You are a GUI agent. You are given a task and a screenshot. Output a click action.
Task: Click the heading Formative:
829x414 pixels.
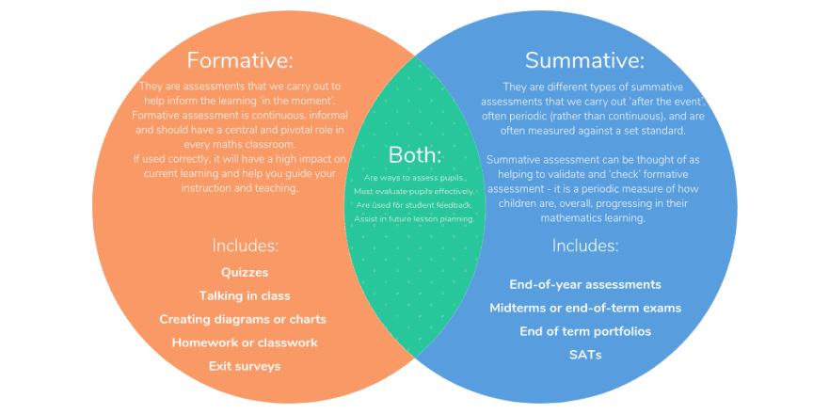click(240, 60)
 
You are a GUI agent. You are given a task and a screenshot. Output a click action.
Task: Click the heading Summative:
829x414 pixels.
click(584, 60)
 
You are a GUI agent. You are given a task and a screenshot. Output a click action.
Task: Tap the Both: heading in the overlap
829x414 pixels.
click(414, 155)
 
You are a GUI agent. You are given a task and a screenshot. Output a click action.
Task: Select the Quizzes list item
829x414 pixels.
click(245, 272)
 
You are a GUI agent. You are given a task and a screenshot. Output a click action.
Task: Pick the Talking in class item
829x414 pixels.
click(245, 295)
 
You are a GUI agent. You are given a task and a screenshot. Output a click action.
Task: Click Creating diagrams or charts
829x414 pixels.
click(243, 319)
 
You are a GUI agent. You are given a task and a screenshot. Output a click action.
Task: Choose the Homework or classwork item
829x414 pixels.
click(245, 342)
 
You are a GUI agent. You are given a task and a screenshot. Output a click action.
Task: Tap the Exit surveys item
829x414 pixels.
click(245, 366)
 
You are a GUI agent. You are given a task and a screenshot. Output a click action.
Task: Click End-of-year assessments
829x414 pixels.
click(584, 284)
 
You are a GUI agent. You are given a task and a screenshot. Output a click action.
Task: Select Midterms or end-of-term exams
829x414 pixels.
click(584, 308)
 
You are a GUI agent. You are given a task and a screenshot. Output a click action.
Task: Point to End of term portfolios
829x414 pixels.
click(584, 331)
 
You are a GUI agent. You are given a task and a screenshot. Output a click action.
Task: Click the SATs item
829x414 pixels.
click(584, 355)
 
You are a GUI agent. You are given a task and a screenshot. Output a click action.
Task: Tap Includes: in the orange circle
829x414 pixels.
click(245, 246)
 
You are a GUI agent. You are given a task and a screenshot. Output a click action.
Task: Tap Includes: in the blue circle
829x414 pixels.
click(584, 246)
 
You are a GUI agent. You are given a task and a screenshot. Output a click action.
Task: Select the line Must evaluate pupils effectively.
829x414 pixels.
click(414, 191)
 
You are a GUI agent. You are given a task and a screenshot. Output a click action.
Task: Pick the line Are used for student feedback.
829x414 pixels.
click(414, 204)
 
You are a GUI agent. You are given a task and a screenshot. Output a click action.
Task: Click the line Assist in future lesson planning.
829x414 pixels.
click(414, 218)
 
